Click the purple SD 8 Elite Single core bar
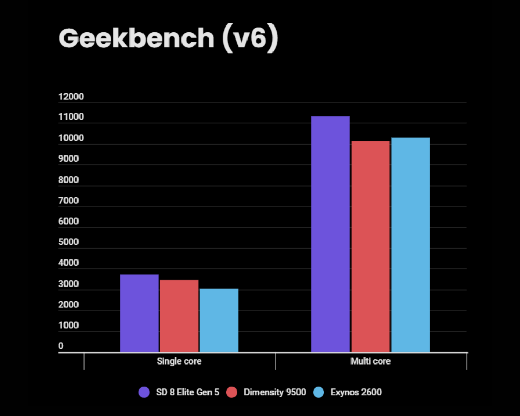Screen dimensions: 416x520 coord(139,313)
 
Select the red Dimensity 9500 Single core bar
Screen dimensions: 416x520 coord(179,316)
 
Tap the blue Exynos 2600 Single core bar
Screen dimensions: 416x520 coord(218,320)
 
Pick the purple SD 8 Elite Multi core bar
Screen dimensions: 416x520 coord(330,234)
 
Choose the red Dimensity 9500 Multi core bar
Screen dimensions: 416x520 coord(370,246)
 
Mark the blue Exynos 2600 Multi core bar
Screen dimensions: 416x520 coord(410,244)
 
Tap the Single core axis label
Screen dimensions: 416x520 coord(179,361)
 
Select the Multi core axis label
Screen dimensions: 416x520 coord(371,361)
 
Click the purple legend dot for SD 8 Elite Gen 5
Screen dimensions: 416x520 coord(145,392)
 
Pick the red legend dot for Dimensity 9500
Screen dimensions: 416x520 coord(232,392)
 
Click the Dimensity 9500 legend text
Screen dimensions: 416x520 coord(275,392)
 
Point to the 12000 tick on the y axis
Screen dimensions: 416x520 coord(71,97)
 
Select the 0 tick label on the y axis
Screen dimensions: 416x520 coord(61,346)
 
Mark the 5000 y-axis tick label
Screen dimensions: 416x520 coord(69,242)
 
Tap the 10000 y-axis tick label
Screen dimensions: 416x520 coord(71,138)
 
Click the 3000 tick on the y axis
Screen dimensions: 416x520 coord(69,284)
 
